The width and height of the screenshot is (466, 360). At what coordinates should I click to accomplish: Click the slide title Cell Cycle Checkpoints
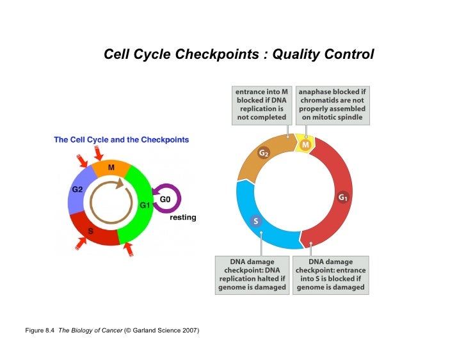239,54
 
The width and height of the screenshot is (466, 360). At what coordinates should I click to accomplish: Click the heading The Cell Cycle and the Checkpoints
121,139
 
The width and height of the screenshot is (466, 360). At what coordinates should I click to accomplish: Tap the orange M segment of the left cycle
111,168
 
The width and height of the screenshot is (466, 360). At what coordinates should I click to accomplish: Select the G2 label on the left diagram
77,189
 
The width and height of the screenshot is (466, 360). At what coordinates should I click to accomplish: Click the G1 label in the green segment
144,205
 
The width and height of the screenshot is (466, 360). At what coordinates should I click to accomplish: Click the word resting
182,217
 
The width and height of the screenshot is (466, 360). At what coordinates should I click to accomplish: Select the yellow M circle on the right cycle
306,145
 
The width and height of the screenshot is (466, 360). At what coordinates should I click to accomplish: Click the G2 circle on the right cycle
264,153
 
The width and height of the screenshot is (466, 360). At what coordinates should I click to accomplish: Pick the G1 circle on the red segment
343,198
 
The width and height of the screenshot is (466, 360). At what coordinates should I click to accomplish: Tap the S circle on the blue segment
255,221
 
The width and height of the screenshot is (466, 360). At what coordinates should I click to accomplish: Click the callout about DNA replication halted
252,274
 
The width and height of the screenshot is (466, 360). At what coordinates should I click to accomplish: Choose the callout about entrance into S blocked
330,274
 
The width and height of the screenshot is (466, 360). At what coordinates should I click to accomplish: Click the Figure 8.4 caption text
112,330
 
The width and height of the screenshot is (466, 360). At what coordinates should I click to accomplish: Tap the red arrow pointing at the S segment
81,242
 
